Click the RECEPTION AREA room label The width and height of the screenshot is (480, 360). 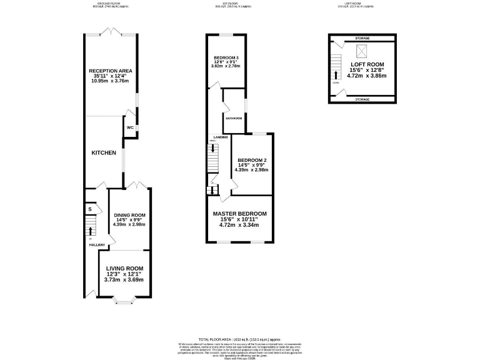pos(110,71)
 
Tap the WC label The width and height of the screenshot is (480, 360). pos(130,128)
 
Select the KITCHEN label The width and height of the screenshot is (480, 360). pos(104,153)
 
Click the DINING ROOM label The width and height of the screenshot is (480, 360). pos(129,215)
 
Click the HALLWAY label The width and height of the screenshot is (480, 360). pos(96,244)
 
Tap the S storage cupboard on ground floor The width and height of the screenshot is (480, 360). pos(90,209)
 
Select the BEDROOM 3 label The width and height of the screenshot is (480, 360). pos(226,57)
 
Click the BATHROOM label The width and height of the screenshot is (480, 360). pos(234,117)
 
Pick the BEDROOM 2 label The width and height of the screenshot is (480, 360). pos(252,159)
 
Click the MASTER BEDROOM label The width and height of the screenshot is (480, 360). pos(243,214)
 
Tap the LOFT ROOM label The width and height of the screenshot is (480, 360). pos(367,64)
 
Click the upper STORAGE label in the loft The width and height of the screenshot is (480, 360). pos(362,38)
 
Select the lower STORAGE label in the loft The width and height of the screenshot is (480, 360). pos(362,99)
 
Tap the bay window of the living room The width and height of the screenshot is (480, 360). pos(124,302)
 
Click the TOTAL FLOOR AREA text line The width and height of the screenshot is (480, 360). pos(240,337)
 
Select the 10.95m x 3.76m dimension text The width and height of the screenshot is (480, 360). pos(110,81)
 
